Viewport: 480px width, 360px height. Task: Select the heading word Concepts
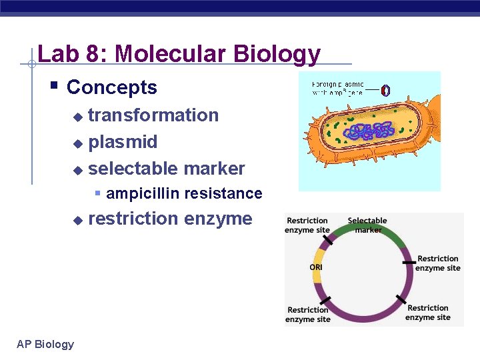tap(112, 87)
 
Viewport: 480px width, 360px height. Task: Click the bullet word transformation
tap(153, 115)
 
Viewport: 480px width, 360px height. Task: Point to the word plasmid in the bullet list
tap(123, 142)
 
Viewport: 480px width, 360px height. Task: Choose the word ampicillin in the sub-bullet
tap(143, 194)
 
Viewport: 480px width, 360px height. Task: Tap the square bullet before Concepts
tap(55, 86)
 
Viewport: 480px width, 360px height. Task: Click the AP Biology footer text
tap(45, 344)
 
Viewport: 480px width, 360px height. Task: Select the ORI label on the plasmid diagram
tap(316, 267)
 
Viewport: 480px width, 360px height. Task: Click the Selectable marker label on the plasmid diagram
tap(367, 225)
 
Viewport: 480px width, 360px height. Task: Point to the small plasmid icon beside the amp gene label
tap(385, 90)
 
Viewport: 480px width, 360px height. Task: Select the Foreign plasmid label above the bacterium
tap(338, 88)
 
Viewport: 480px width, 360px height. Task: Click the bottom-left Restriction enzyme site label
tap(307, 314)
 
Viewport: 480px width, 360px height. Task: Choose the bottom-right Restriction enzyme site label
tap(427, 312)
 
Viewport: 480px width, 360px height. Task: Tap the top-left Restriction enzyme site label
tap(307, 225)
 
